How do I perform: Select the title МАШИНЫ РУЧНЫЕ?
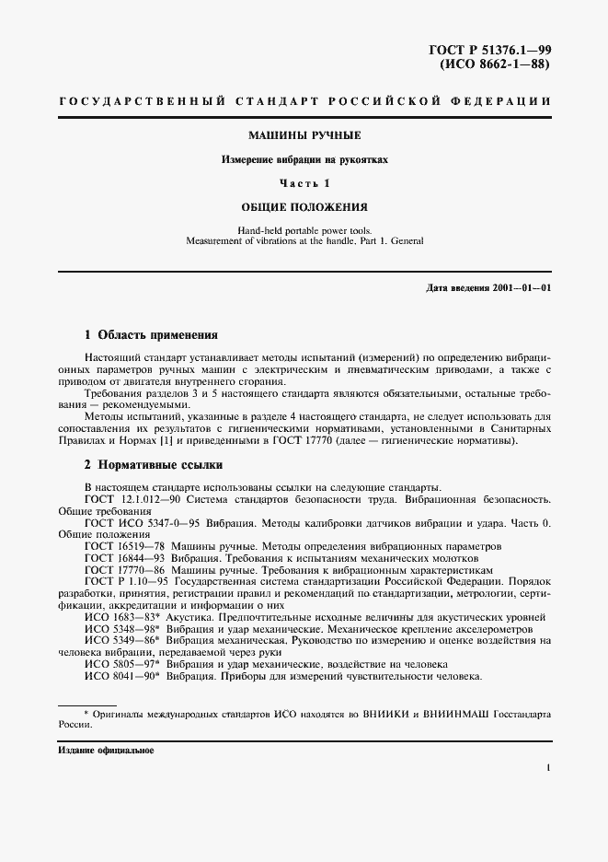pyautogui.click(x=304, y=135)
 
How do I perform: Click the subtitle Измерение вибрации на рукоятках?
pyautogui.click(x=304, y=159)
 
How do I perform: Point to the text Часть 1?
pyautogui.click(x=304, y=183)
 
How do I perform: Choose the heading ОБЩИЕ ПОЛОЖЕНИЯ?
pyautogui.click(x=304, y=207)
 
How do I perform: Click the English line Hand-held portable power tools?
pyautogui.click(x=304, y=229)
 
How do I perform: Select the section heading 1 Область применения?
pyautogui.click(x=151, y=335)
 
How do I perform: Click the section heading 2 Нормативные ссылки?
pyautogui.click(x=153, y=465)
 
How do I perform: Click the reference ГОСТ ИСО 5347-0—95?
pyautogui.click(x=138, y=521)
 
